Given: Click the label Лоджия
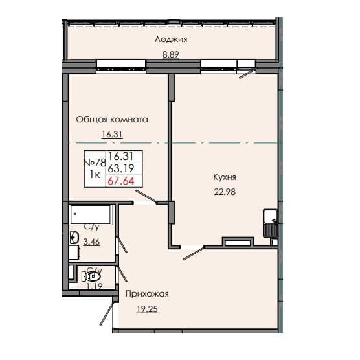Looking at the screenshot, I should click(x=171, y=39).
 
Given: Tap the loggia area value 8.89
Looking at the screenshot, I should click(x=171, y=54).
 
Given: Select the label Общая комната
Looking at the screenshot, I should click(x=112, y=120).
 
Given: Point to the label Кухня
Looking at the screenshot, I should click(x=224, y=176).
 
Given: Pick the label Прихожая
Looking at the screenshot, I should click(x=147, y=294).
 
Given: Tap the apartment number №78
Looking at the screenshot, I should click(x=94, y=163).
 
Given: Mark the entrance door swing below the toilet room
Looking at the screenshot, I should click(x=106, y=316).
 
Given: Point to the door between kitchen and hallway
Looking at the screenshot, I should click(x=193, y=252).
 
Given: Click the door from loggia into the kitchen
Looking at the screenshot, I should click(x=246, y=72).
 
